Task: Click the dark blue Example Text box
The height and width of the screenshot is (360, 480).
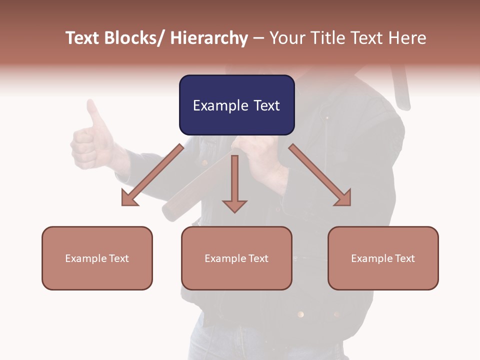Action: [x=236, y=105]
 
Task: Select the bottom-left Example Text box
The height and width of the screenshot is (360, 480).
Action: [x=97, y=258]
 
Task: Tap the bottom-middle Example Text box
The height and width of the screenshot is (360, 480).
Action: [x=236, y=258]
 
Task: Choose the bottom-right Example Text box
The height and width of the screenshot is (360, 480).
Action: [x=383, y=258]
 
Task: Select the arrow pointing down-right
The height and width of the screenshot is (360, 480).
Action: [x=320, y=175]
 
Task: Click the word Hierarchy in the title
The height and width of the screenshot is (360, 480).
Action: [x=209, y=38]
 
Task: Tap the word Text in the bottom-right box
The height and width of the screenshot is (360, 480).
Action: [x=404, y=258]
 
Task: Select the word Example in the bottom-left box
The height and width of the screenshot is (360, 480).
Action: [x=86, y=258]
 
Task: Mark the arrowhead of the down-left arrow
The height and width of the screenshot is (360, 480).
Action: [x=129, y=199]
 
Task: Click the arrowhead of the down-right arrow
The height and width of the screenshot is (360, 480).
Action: [x=343, y=198]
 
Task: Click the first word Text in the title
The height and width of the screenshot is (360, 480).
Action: [x=83, y=38]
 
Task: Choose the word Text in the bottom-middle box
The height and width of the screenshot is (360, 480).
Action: [x=258, y=258]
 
